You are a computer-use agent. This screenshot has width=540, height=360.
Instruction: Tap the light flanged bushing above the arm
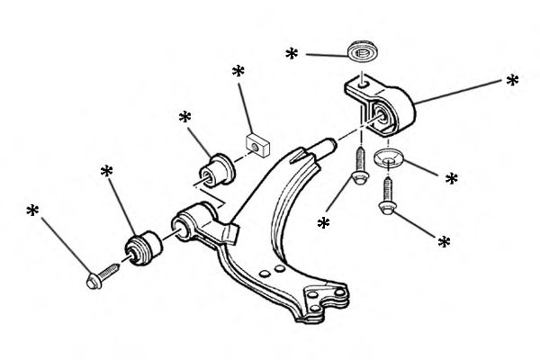click(218, 166)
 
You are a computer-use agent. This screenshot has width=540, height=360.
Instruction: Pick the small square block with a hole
click(257, 144)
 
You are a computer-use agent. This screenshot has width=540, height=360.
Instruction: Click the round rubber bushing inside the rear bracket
click(384, 112)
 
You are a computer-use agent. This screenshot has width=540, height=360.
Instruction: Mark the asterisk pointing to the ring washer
click(292, 55)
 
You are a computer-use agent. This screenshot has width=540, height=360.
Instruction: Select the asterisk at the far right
click(512, 81)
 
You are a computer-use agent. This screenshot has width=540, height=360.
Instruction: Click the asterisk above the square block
click(238, 71)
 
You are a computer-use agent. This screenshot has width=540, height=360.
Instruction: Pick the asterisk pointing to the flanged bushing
click(185, 118)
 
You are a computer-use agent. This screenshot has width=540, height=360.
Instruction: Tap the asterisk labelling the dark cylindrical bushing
click(107, 171)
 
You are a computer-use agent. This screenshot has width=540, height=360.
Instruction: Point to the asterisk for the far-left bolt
click(33, 211)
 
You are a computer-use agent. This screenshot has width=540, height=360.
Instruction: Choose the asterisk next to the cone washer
click(452, 179)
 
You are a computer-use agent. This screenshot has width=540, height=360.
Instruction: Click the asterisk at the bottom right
click(442, 242)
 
